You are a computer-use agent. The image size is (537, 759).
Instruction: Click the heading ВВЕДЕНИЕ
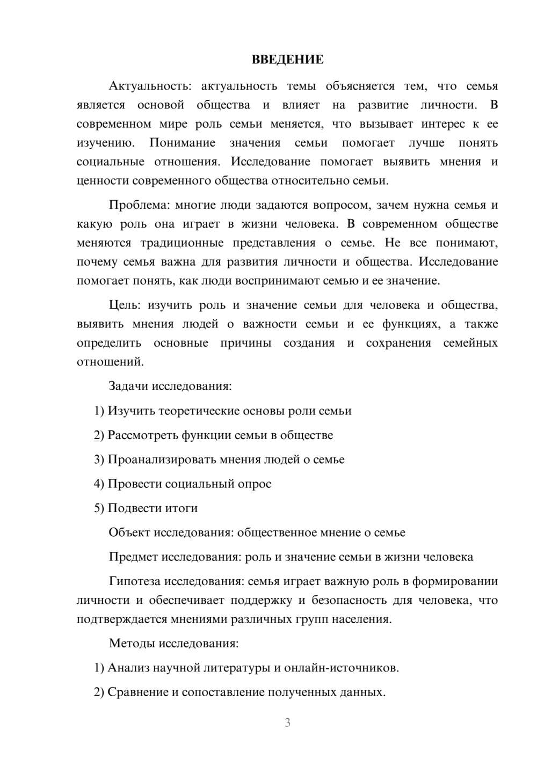(x=287, y=60)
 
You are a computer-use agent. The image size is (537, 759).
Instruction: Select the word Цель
(x=124, y=305)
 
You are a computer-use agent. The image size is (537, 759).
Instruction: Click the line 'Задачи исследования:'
(x=170, y=386)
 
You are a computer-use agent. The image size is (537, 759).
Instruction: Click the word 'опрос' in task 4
(x=255, y=484)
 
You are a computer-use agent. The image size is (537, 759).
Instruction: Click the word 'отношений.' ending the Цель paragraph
(x=110, y=362)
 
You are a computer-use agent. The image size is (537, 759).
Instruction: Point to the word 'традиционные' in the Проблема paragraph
(x=182, y=243)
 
